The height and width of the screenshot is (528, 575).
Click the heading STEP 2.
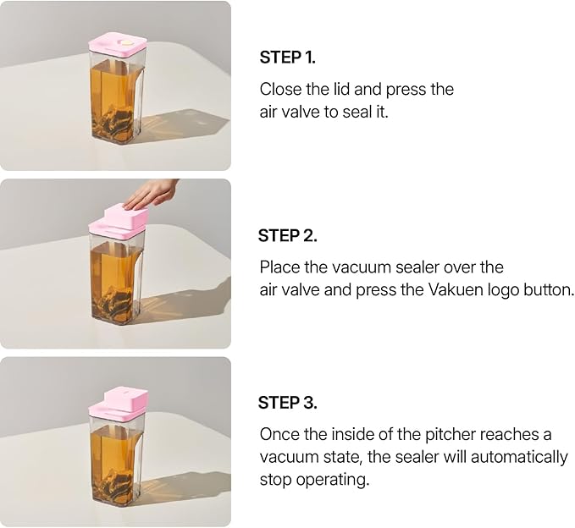(287, 235)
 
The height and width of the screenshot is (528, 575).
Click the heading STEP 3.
(287, 402)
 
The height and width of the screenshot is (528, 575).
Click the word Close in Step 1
(280, 89)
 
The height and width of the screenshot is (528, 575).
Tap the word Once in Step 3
(279, 435)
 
